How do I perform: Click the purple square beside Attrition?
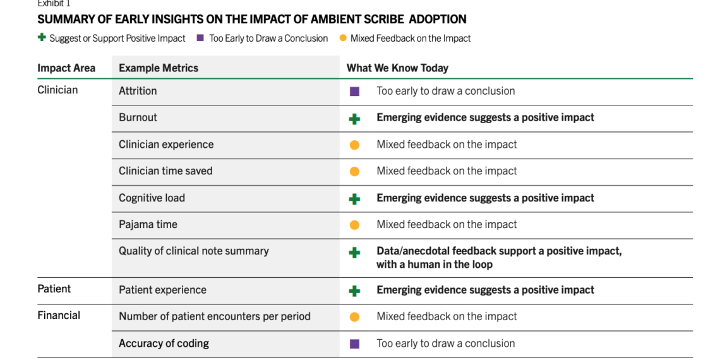tap(354, 92)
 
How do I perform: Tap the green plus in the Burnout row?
tap(354, 119)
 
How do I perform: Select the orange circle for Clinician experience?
tap(354, 145)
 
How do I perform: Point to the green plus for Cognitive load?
tap(354, 199)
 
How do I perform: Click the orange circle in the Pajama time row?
tap(354, 225)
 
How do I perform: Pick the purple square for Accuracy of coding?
tap(354, 344)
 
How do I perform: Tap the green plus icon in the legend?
tap(42, 38)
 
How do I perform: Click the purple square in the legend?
tap(200, 38)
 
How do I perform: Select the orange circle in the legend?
tap(342, 38)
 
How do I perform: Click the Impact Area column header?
tap(66, 68)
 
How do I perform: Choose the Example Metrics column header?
tap(159, 68)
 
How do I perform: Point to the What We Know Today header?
tap(397, 68)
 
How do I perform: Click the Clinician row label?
tap(58, 90)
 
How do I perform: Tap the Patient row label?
tap(54, 289)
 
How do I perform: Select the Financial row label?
tap(59, 315)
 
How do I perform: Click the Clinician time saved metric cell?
tap(165, 171)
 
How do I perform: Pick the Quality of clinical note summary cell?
tap(194, 251)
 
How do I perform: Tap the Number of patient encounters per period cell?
tap(215, 317)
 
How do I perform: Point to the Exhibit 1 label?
tap(54, 3)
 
